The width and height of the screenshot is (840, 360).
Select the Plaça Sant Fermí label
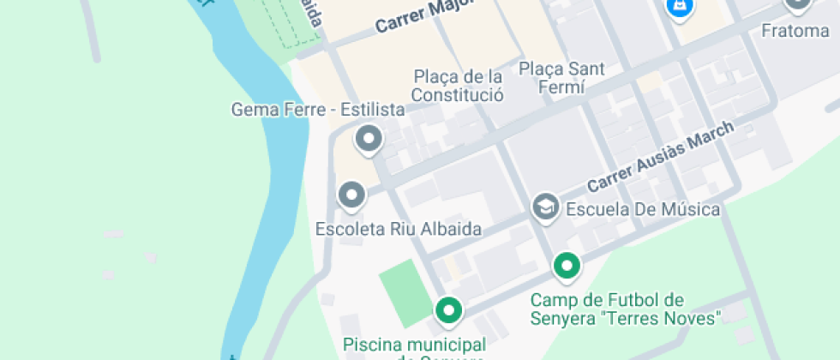pyautogui.click(x=562, y=77)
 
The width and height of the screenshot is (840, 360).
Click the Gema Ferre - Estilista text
pyautogui.click(x=318, y=110)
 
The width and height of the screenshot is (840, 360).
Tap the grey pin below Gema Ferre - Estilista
pyautogui.click(x=369, y=138)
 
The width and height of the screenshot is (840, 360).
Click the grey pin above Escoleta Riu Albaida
pyautogui.click(x=351, y=195)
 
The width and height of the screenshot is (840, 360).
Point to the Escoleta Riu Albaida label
pyautogui.click(x=399, y=229)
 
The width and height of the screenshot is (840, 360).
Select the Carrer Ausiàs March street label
pyautogui.click(x=661, y=157)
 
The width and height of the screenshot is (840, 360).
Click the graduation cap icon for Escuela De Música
pyautogui.click(x=544, y=206)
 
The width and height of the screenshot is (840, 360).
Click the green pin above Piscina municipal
pyautogui.click(x=448, y=309)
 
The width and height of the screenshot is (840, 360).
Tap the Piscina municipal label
pyautogui.click(x=415, y=345)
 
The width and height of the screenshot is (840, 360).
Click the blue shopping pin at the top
pyautogui.click(x=680, y=8)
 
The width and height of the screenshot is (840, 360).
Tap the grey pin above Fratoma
pyautogui.click(x=797, y=4)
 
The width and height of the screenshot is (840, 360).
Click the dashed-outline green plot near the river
pyautogui.click(x=283, y=21)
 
